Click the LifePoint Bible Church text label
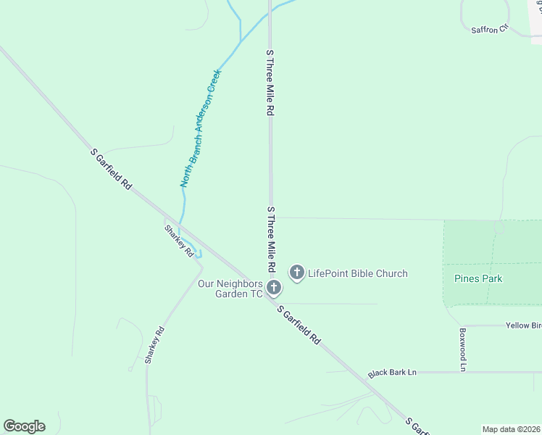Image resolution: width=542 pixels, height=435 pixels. click(x=357, y=273)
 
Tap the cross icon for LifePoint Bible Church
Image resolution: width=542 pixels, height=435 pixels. click(x=296, y=273)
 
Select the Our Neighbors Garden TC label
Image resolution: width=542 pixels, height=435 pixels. click(x=230, y=289)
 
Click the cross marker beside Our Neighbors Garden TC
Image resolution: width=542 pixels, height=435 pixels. click(x=274, y=289)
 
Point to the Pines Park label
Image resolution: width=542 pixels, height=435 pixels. click(x=478, y=278)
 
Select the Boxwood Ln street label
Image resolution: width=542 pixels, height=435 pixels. click(x=462, y=349)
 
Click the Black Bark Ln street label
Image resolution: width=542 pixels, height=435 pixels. click(x=392, y=373)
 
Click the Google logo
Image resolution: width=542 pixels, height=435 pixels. click(x=24, y=426)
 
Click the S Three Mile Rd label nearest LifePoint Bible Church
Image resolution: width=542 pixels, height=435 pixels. click(x=271, y=239)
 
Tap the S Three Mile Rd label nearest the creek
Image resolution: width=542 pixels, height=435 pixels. click(x=270, y=83)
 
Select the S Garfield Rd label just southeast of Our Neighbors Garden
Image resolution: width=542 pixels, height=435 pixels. click(x=298, y=324)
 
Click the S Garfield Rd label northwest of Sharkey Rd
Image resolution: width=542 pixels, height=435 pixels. click(x=111, y=170)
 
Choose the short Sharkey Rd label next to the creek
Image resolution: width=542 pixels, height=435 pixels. click(x=178, y=241)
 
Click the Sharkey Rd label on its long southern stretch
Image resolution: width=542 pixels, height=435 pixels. click(x=154, y=345)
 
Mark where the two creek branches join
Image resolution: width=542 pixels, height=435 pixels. click(x=240, y=41)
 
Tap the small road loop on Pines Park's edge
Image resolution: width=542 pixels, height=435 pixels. click(x=499, y=227)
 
